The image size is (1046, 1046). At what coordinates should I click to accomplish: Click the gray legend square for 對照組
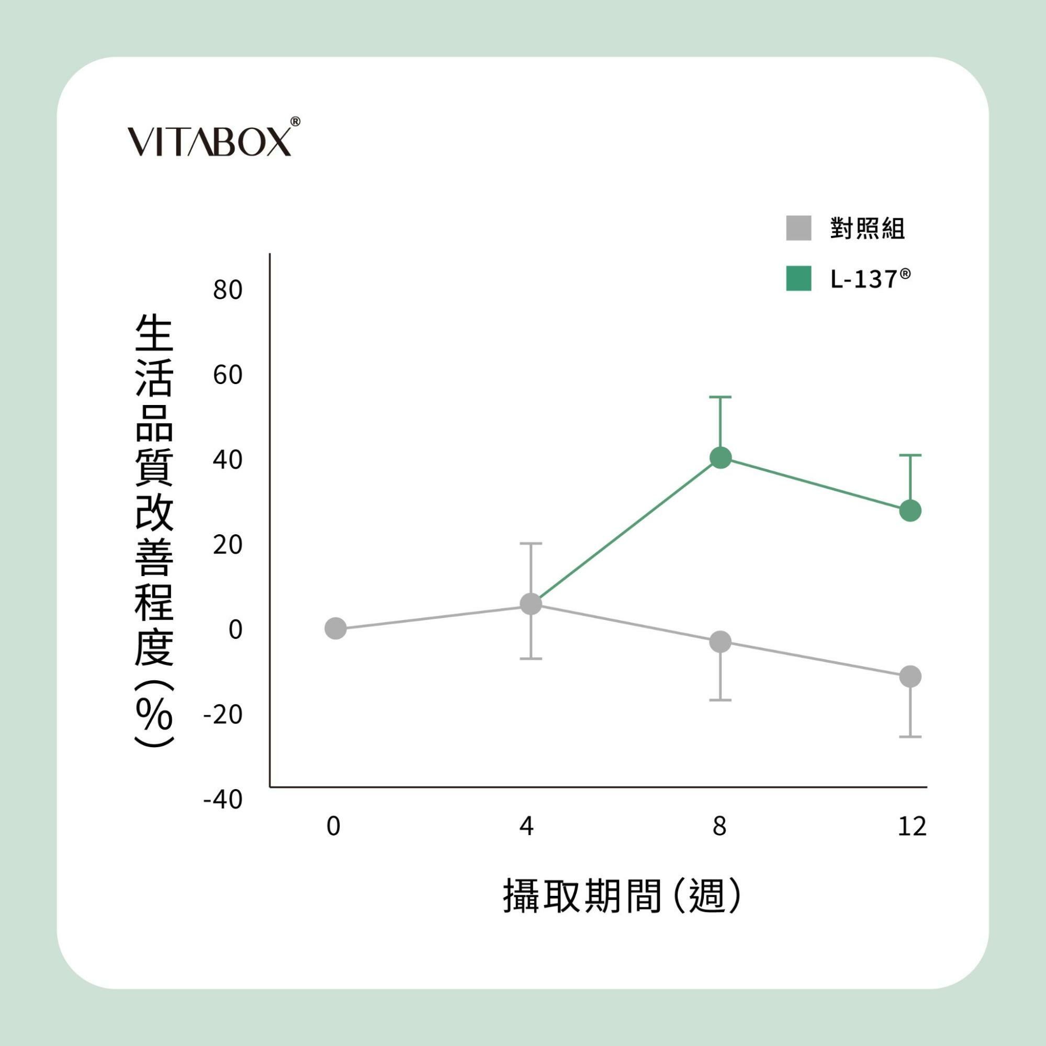pyautogui.click(x=798, y=228)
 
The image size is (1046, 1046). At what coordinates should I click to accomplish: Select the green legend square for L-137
pyautogui.click(x=798, y=278)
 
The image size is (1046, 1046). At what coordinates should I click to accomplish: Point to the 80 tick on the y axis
pyautogui.click(x=228, y=290)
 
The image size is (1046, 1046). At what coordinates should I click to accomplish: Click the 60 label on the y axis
pyautogui.click(x=228, y=375)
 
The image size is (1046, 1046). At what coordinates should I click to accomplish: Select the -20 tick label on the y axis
pyautogui.click(x=223, y=715)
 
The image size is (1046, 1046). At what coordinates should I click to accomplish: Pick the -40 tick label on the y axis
pyautogui.click(x=223, y=800)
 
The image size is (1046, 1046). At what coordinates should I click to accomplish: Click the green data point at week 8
pyautogui.click(x=721, y=458)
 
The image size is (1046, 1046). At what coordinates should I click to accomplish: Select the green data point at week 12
pyautogui.click(x=910, y=511)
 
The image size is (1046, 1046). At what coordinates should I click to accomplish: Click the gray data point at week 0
pyautogui.click(x=336, y=628)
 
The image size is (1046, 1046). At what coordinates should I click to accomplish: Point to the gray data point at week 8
pyautogui.click(x=721, y=642)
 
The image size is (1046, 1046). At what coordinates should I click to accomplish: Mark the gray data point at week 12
pyautogui.click(x=910, y=676)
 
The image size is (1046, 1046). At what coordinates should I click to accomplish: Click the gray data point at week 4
pyautogui.click(x=531, y=604)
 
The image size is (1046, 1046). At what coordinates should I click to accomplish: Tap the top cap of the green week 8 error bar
pyautogui.click(x=721, y=397)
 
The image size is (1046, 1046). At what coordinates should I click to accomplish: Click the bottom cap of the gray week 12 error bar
pyautogui.click(x=910, y=737)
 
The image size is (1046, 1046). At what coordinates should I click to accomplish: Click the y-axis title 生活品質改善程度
pyautogui.click(x=154, y=531)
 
